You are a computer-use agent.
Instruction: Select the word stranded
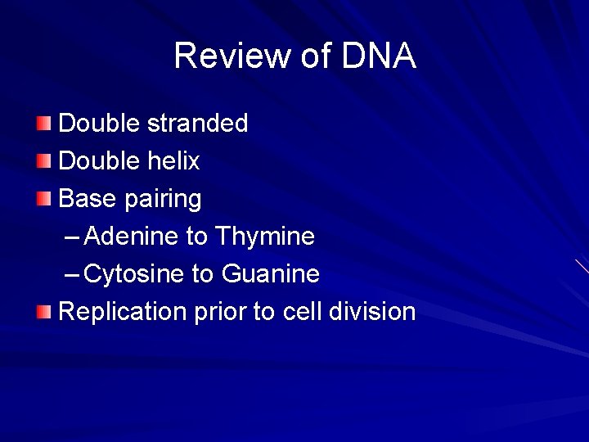point(197,124)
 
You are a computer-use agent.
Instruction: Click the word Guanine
point(270,274)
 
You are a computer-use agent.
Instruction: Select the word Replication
point(124,313)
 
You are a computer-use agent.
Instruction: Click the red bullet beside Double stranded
point(43,124)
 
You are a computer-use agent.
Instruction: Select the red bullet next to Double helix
point(43,161)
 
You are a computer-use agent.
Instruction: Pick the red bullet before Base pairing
point(43,199)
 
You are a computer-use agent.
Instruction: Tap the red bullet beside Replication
point(43,312)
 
